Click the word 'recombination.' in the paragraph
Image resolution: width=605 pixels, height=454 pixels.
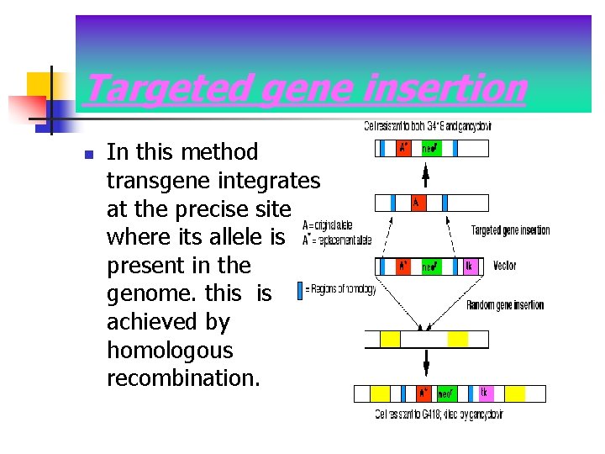point(184,378)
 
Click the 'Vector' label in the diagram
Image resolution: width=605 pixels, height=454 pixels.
point(505,266)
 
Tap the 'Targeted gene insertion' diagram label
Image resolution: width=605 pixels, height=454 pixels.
point(510,230)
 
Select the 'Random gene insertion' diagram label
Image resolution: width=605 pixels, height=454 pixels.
point(505,305)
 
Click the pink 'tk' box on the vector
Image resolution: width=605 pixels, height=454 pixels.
point(471,267)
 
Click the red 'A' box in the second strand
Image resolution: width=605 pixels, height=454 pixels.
point(417,203)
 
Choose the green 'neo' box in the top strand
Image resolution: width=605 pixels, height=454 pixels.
point(429,149)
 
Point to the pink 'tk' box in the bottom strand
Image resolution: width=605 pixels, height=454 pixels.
point(485,393)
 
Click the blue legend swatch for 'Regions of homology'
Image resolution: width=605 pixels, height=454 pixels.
point(300,290)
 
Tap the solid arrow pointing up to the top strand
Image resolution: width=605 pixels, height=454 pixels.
point(425,175)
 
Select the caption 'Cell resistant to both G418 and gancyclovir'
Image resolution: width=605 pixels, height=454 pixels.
point(428,127)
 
